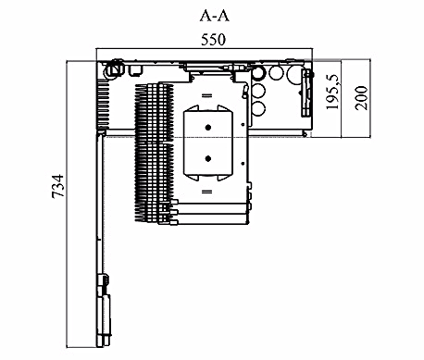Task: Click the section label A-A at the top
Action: (215, 16)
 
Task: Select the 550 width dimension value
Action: (213, 40)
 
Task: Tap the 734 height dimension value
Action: (58, 186)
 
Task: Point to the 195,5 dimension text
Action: (332, 92)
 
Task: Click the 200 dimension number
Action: (361, 98)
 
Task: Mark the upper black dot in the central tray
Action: (208, 127)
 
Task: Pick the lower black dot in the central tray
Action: (208, 158)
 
